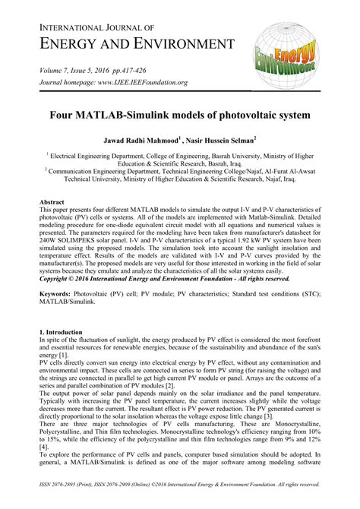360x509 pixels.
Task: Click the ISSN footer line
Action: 180,482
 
